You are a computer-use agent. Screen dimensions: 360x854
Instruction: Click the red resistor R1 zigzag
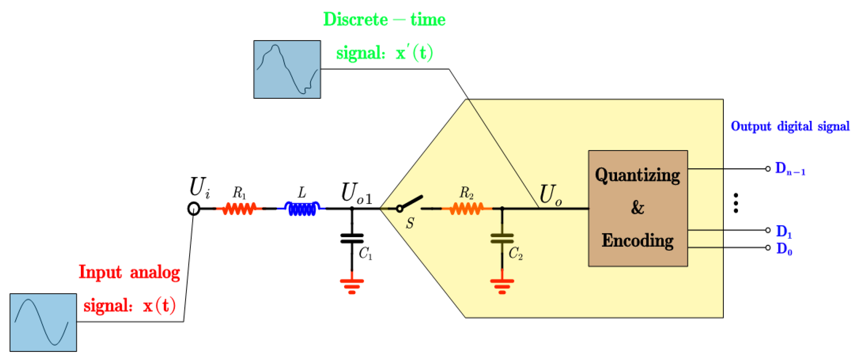pos(239,209)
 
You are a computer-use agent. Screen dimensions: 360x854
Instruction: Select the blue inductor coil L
pos(302,209)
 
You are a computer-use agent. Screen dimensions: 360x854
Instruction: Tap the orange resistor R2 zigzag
pos(466,209)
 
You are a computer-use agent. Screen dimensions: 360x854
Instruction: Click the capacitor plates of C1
pos(352,239)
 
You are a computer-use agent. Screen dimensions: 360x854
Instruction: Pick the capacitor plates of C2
pos(502,239)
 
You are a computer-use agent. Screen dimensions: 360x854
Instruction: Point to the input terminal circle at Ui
pos(194,209)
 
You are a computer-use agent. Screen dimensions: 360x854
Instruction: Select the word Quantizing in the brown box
pos(637,176)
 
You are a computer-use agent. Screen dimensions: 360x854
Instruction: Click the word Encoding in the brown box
pos(637,241)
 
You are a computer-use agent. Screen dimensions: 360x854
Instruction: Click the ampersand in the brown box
pos(637,208)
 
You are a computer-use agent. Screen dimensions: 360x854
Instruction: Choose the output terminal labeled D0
pos(768,248)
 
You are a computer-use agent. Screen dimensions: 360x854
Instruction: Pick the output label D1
pos(784,231)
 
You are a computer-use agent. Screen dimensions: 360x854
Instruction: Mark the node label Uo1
pos(356,194)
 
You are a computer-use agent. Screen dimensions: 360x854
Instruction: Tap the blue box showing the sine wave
pos(43,322)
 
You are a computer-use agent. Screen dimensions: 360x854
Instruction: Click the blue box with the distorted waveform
pos(287,69)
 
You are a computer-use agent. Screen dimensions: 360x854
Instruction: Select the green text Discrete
pos(356,20)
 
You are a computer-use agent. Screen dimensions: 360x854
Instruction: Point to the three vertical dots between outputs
pos(736,203)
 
